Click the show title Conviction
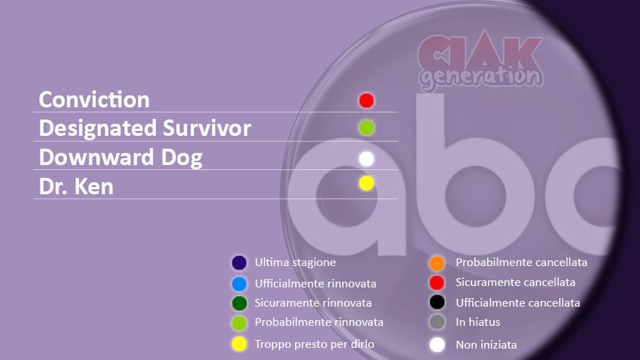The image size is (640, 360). coord(95,100)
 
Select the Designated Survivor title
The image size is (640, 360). coord(145,128)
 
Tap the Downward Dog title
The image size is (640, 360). coord(121,157)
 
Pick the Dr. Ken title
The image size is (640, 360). coord(76,186)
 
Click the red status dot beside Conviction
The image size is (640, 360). coord(366,100)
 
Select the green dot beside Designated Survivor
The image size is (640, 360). coord(366,128)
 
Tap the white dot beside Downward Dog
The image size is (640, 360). coord(366,159)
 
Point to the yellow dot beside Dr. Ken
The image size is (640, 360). coord(366,183)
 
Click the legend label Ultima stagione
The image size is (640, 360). coord(295,263)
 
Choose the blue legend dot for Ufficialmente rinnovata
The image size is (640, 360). coord(239,284)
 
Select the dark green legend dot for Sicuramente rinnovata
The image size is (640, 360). coord(239,303)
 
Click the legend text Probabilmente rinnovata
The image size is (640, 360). coord(319,322)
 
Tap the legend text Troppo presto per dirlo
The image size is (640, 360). coord(314,344)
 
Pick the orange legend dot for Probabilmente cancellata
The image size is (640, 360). coord(437,263)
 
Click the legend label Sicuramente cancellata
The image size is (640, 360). coord(516,282)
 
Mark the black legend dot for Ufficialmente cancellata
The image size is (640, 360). coord(437,302)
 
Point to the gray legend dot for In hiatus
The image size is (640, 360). coord(437,322)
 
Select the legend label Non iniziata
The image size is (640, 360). coord(486,345)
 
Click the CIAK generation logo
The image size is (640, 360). coord(481,62)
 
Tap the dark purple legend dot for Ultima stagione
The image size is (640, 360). coord(239,263)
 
